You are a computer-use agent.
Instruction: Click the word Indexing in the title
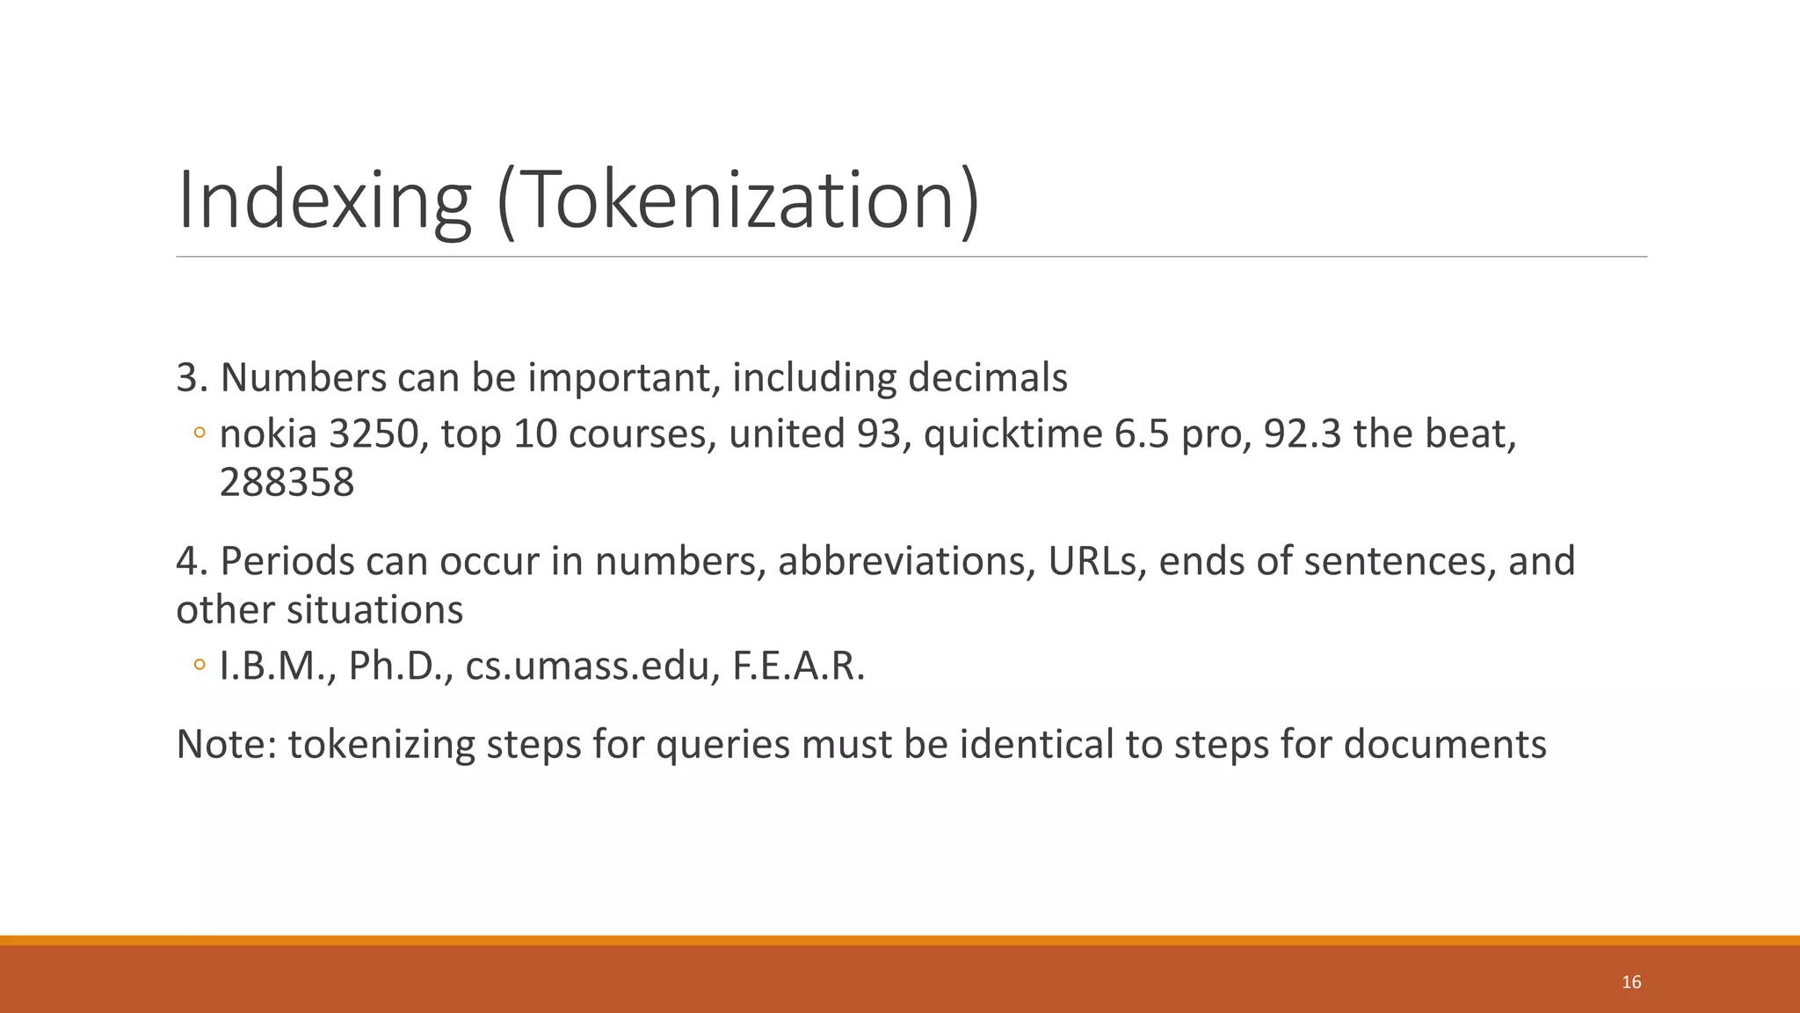click(x=324, y=200)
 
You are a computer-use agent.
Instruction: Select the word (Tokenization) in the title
click(x=737, y=200)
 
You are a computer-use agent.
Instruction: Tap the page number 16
click(x=1631, y=982)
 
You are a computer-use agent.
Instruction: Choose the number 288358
click(x=287, y=482)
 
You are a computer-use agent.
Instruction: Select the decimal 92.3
click(x=1303, y=434)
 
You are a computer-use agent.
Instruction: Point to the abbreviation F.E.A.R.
click(x=798, y=666)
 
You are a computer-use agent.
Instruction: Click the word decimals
click(x=987, y=377)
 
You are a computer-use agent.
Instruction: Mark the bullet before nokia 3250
click(x=200, y=433)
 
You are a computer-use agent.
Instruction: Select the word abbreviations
click(x=906, y=561)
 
